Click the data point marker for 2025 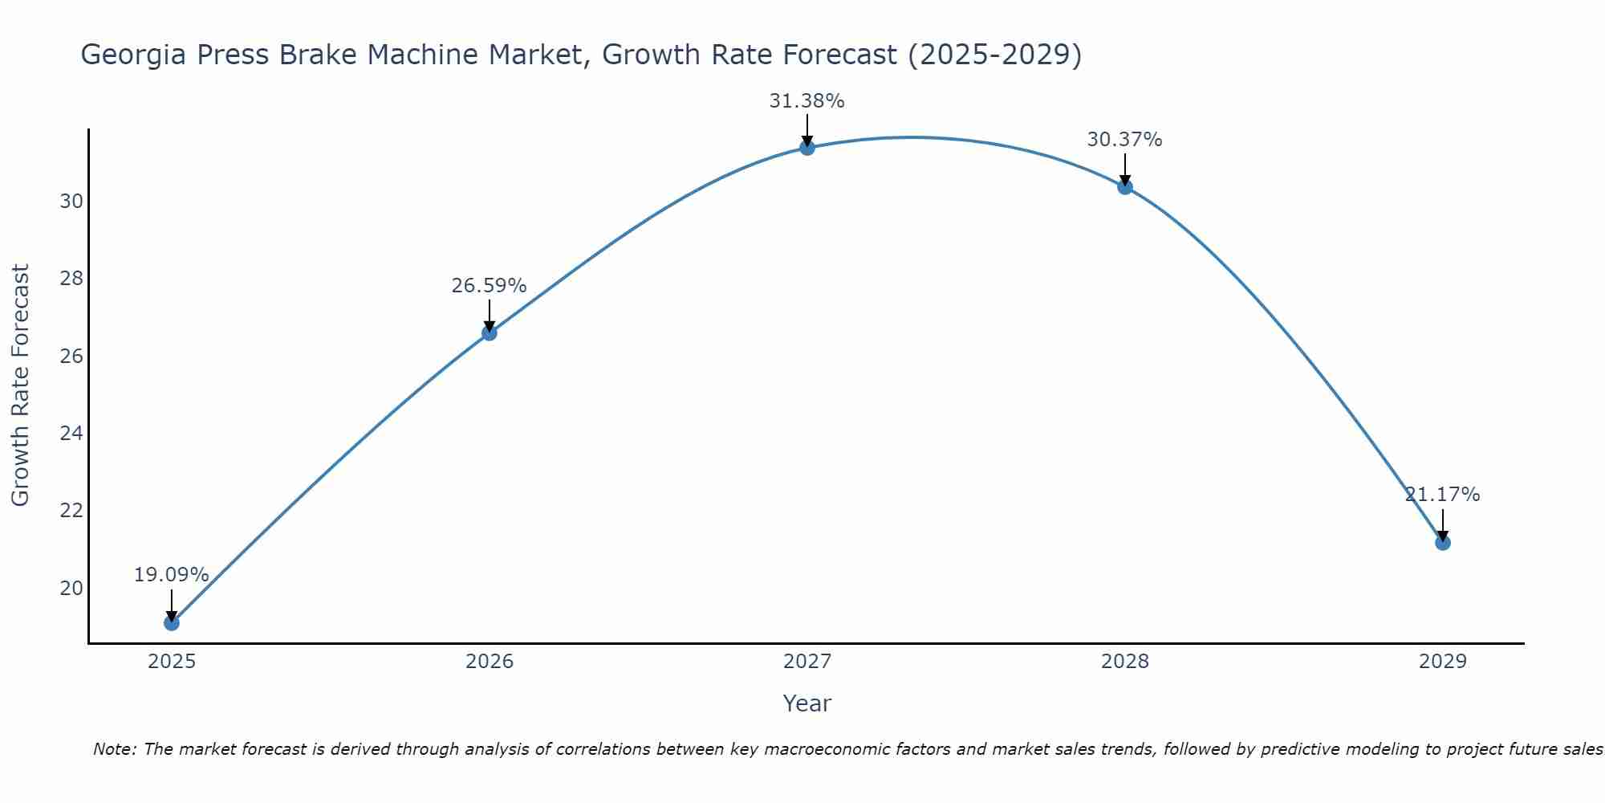point(171,622)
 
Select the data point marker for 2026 point(489,332)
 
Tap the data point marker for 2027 point(807,147)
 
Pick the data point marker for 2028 point(1125,186)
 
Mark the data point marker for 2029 point(1443,543)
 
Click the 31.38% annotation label point(807,101)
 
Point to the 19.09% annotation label point(171,575)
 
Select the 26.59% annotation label point(489,286)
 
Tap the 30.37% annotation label point(1124,140)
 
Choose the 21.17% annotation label point(1442,495)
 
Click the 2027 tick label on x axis point(807,662)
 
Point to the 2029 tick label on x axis point(1443,662)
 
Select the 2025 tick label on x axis point(172,662)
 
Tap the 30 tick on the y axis point(71,202)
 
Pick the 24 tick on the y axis point(71,434)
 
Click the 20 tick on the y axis point(71,589)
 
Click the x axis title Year point(807,703)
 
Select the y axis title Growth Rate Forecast point(20,385)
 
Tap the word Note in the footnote point(115,750)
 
